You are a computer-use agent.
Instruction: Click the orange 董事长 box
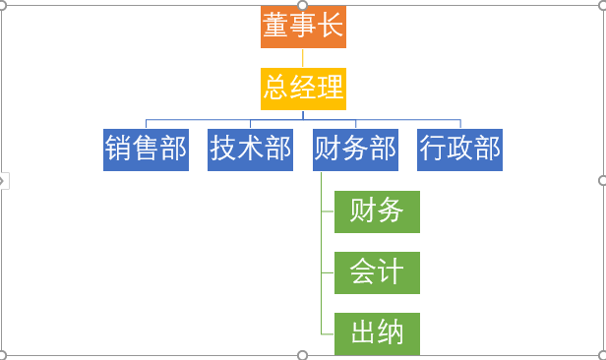pos(303,27)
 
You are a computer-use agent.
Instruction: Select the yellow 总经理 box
pos(303,88)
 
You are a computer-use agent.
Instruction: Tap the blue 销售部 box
pos(146,149)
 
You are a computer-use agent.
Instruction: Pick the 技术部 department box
pos(250,149)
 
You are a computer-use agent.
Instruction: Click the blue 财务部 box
pos(355,149)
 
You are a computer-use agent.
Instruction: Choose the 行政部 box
pos(459,149)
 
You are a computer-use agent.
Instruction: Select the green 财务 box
pos(377,210)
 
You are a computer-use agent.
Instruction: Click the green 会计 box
pos(377,271)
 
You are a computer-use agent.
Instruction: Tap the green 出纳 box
pos(377,332)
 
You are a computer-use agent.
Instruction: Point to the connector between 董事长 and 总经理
pos(303,57)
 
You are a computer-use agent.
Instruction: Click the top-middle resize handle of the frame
pos(303,6)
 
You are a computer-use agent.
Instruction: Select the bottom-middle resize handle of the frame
pos(303,355)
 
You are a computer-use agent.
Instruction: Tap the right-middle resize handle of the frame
pos(602,181)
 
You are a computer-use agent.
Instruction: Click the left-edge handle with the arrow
pos(3,181)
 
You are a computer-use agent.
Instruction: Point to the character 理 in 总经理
pos(331,88)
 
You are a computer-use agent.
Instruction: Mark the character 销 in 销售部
pos(119,149)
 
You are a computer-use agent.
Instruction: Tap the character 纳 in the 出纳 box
pos(391,332)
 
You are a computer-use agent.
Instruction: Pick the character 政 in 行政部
pos(459,149)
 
